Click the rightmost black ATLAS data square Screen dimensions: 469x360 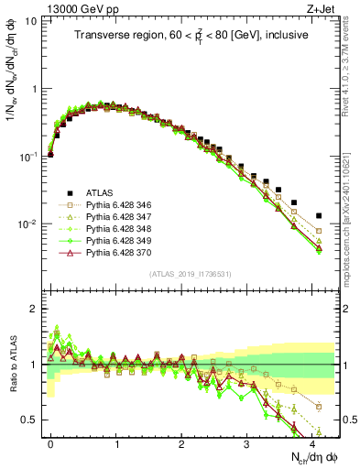click(x=319, y=216)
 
